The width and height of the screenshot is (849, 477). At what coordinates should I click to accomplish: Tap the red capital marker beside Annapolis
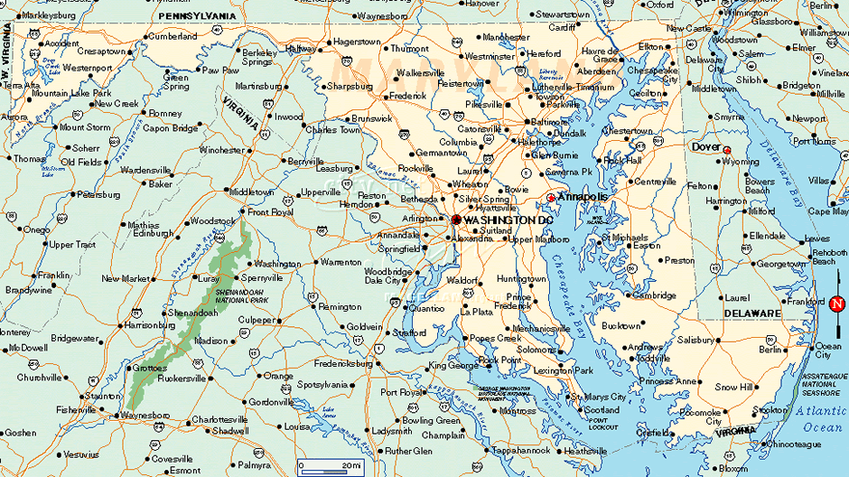551,198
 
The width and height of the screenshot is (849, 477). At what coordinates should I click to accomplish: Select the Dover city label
705,146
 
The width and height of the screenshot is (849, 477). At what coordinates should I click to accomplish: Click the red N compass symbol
836,304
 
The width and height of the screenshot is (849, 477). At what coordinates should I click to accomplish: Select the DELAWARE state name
751,313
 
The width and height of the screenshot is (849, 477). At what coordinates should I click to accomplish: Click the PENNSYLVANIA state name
196,16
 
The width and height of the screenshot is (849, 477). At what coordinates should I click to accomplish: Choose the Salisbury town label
696,340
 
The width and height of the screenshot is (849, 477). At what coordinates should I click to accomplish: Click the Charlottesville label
219,419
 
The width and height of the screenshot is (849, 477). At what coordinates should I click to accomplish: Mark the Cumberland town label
173,37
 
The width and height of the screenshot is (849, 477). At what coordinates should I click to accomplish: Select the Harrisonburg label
150,324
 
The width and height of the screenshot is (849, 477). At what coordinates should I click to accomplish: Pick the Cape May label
827,211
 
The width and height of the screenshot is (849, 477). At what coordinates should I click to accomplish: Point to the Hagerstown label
356,42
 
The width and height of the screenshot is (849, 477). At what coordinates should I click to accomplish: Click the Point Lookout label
602,423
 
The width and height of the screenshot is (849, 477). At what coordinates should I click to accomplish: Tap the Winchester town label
221,150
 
